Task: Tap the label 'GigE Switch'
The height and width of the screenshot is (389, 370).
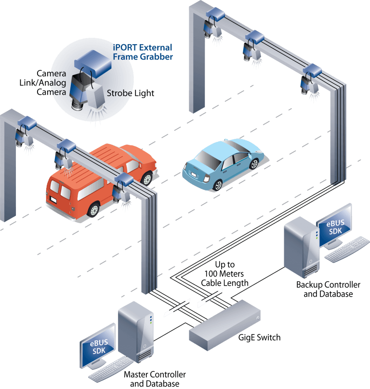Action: pos(259,338)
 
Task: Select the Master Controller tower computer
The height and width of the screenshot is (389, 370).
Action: pos(135,332)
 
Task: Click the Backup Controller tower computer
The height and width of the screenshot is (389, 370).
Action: pos(302,247)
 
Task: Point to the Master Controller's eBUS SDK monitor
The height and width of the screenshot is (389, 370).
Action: pos(98,346)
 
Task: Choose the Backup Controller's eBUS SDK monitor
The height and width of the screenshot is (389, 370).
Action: pos(335,226)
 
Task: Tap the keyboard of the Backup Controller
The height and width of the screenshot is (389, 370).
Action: pos(347,250)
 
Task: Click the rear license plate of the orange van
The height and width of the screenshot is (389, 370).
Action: pos(53,199)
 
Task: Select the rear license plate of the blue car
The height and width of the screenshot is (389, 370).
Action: pos(194,174)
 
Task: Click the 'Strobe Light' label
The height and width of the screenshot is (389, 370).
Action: pos(131,93)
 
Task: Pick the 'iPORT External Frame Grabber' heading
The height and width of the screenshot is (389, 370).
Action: pos(143,52)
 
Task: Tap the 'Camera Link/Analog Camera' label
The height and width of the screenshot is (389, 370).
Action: pos(43,83)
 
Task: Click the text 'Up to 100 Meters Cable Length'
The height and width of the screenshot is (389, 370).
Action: pos(225,274)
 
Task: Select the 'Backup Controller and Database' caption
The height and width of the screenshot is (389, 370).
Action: pos(328,289)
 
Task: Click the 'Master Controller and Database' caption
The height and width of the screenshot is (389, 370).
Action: pos(155,379)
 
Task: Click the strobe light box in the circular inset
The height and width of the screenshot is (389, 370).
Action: pos(95,95)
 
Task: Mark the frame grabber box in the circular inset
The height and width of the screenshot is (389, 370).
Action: pos(93,63)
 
